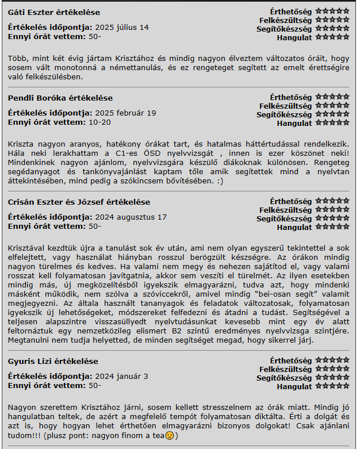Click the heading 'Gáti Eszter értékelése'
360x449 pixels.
click(53, 12)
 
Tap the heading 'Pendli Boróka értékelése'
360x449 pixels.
click(60, 98)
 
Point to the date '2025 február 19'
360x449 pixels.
click(125, 113)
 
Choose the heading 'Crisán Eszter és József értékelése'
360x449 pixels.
click(79, 202)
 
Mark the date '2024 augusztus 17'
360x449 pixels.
click(131, 217)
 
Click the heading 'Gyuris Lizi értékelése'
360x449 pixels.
click(53, 361)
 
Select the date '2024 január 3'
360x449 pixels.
click(121, 376)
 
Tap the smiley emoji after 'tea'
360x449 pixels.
click(170, 436)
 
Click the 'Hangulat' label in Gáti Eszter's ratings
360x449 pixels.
click(294, 38)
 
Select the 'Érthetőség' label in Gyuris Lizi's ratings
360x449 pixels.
click(291, 360)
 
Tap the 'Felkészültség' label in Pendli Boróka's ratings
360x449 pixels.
click(285, 106)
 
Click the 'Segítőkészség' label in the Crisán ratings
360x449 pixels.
click(284, 218)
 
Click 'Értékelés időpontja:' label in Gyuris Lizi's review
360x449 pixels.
click(50, 376)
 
